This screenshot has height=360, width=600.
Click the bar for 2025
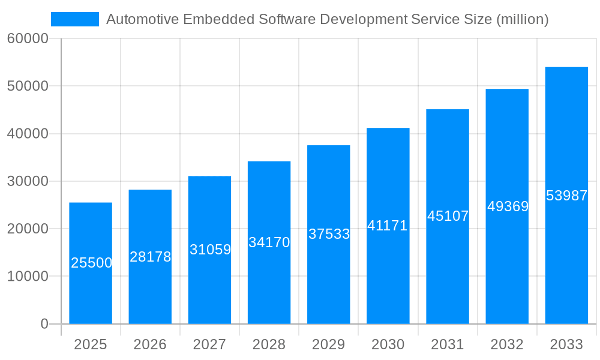91,288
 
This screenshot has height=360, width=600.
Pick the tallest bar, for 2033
566,252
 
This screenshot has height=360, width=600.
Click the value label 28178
150,257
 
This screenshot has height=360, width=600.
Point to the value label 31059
210,250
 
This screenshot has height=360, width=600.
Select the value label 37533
329,234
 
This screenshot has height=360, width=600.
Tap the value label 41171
388,226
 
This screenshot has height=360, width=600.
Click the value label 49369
508,206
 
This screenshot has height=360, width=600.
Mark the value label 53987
566,196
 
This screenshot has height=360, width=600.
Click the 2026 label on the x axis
150,344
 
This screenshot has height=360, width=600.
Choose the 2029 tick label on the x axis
329,344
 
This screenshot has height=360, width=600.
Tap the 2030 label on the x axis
388,344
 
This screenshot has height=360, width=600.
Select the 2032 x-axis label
507,344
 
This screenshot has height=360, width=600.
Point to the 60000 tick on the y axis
27,39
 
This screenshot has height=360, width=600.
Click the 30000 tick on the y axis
27,181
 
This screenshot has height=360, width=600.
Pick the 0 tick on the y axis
44,324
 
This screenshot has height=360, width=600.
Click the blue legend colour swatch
75,19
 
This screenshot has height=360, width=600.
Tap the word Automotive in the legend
142,19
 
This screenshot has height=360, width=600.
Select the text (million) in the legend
522,19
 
